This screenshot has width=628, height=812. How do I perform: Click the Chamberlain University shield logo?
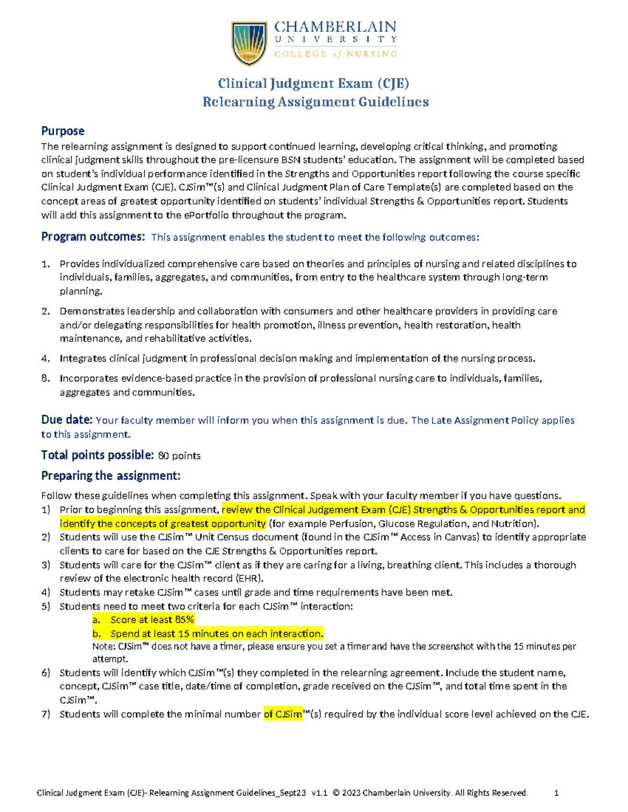(249, 43)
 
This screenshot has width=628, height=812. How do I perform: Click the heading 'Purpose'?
(63, 131)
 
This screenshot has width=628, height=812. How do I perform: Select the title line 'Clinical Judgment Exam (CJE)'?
(313, 84)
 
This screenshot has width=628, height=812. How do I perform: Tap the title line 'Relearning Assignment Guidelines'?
(316, 102)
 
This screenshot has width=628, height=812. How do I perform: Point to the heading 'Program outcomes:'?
(93, 237)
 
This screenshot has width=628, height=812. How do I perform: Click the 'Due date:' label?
(67, 420)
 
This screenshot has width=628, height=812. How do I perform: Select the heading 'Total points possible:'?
(97, 455)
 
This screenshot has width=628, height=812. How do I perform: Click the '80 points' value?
(179, 456)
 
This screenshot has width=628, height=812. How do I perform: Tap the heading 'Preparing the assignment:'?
(111, 476)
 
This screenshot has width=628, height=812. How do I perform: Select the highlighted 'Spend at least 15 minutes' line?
(217, 634)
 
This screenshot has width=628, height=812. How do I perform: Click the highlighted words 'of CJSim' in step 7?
(283, 714)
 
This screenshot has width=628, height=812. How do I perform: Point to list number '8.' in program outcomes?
(46, 378)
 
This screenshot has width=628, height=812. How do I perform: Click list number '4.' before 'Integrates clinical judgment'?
(46, 358)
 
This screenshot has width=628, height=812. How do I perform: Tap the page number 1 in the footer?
(556, 793)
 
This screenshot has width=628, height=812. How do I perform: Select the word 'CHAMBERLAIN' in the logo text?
(335, 27)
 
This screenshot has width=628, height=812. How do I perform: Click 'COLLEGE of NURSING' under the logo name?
(335, 54)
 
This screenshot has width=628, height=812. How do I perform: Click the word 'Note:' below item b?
(104, 647)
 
